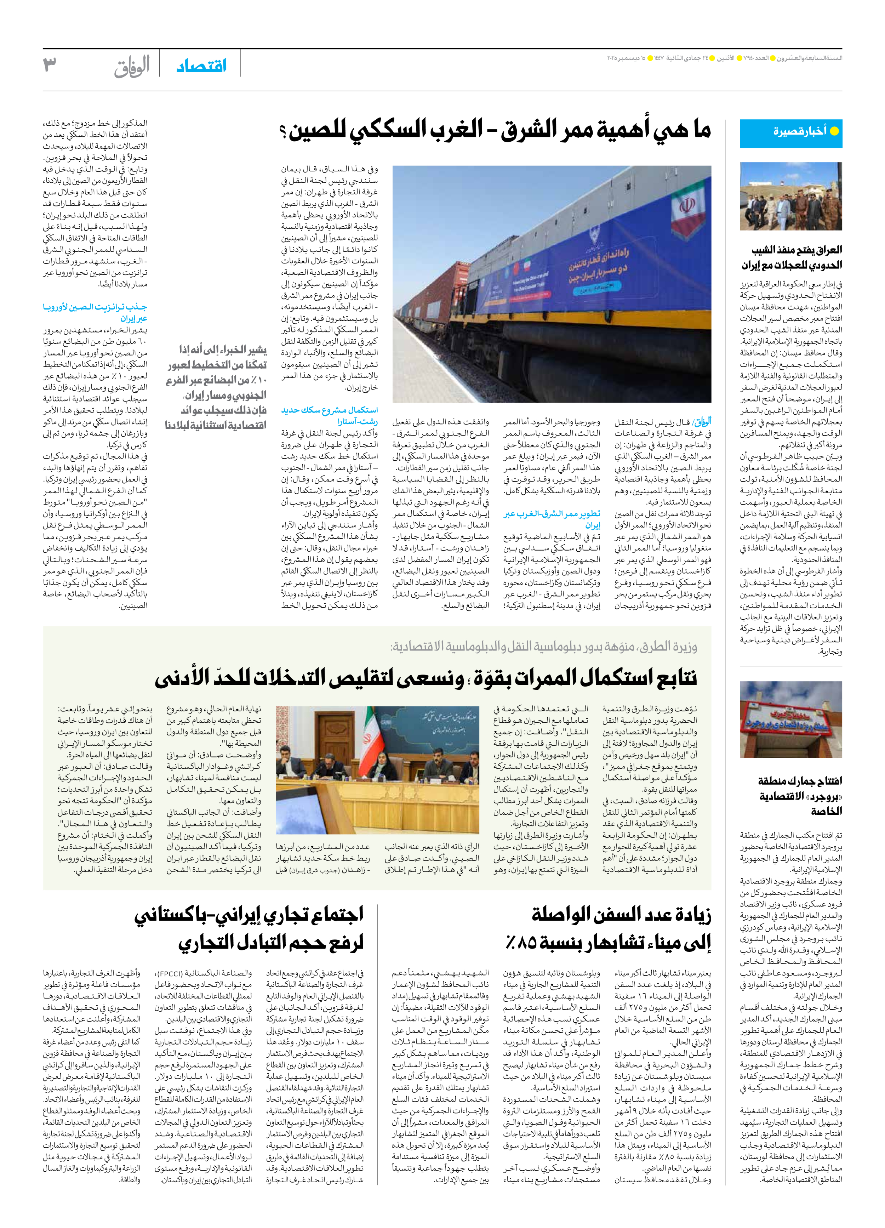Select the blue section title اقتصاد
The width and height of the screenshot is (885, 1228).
click(x=201, y=66)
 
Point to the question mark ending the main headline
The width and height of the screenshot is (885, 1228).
click(x=283, y=132)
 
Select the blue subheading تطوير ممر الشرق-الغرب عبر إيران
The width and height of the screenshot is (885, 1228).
click(x=552, y=519)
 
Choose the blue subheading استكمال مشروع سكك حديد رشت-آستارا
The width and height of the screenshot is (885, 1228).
click(x=330, y=415)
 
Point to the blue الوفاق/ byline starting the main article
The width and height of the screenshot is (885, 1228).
click(x=702, y=421)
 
